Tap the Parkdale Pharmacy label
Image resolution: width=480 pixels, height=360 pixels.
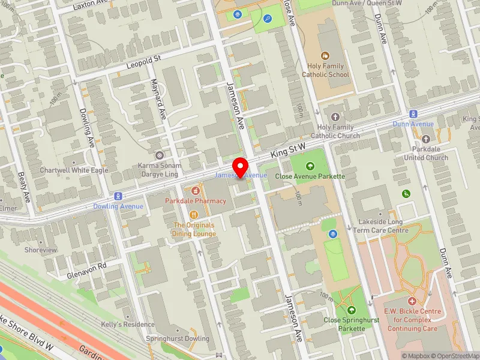196,201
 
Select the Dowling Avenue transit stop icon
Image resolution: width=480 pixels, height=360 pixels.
118,196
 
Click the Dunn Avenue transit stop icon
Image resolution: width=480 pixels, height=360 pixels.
413,114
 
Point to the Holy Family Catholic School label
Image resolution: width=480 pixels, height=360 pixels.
325,71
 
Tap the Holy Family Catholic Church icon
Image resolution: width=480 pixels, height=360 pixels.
335,116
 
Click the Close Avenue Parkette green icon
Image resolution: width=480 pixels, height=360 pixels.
310,166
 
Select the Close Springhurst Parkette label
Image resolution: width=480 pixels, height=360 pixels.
351,324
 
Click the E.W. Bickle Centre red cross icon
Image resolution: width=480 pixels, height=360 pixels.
412,301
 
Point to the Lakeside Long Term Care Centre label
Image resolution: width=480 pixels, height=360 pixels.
381,226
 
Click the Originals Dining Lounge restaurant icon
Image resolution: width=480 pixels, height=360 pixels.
194,215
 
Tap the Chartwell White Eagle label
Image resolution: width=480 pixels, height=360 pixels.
74,170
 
